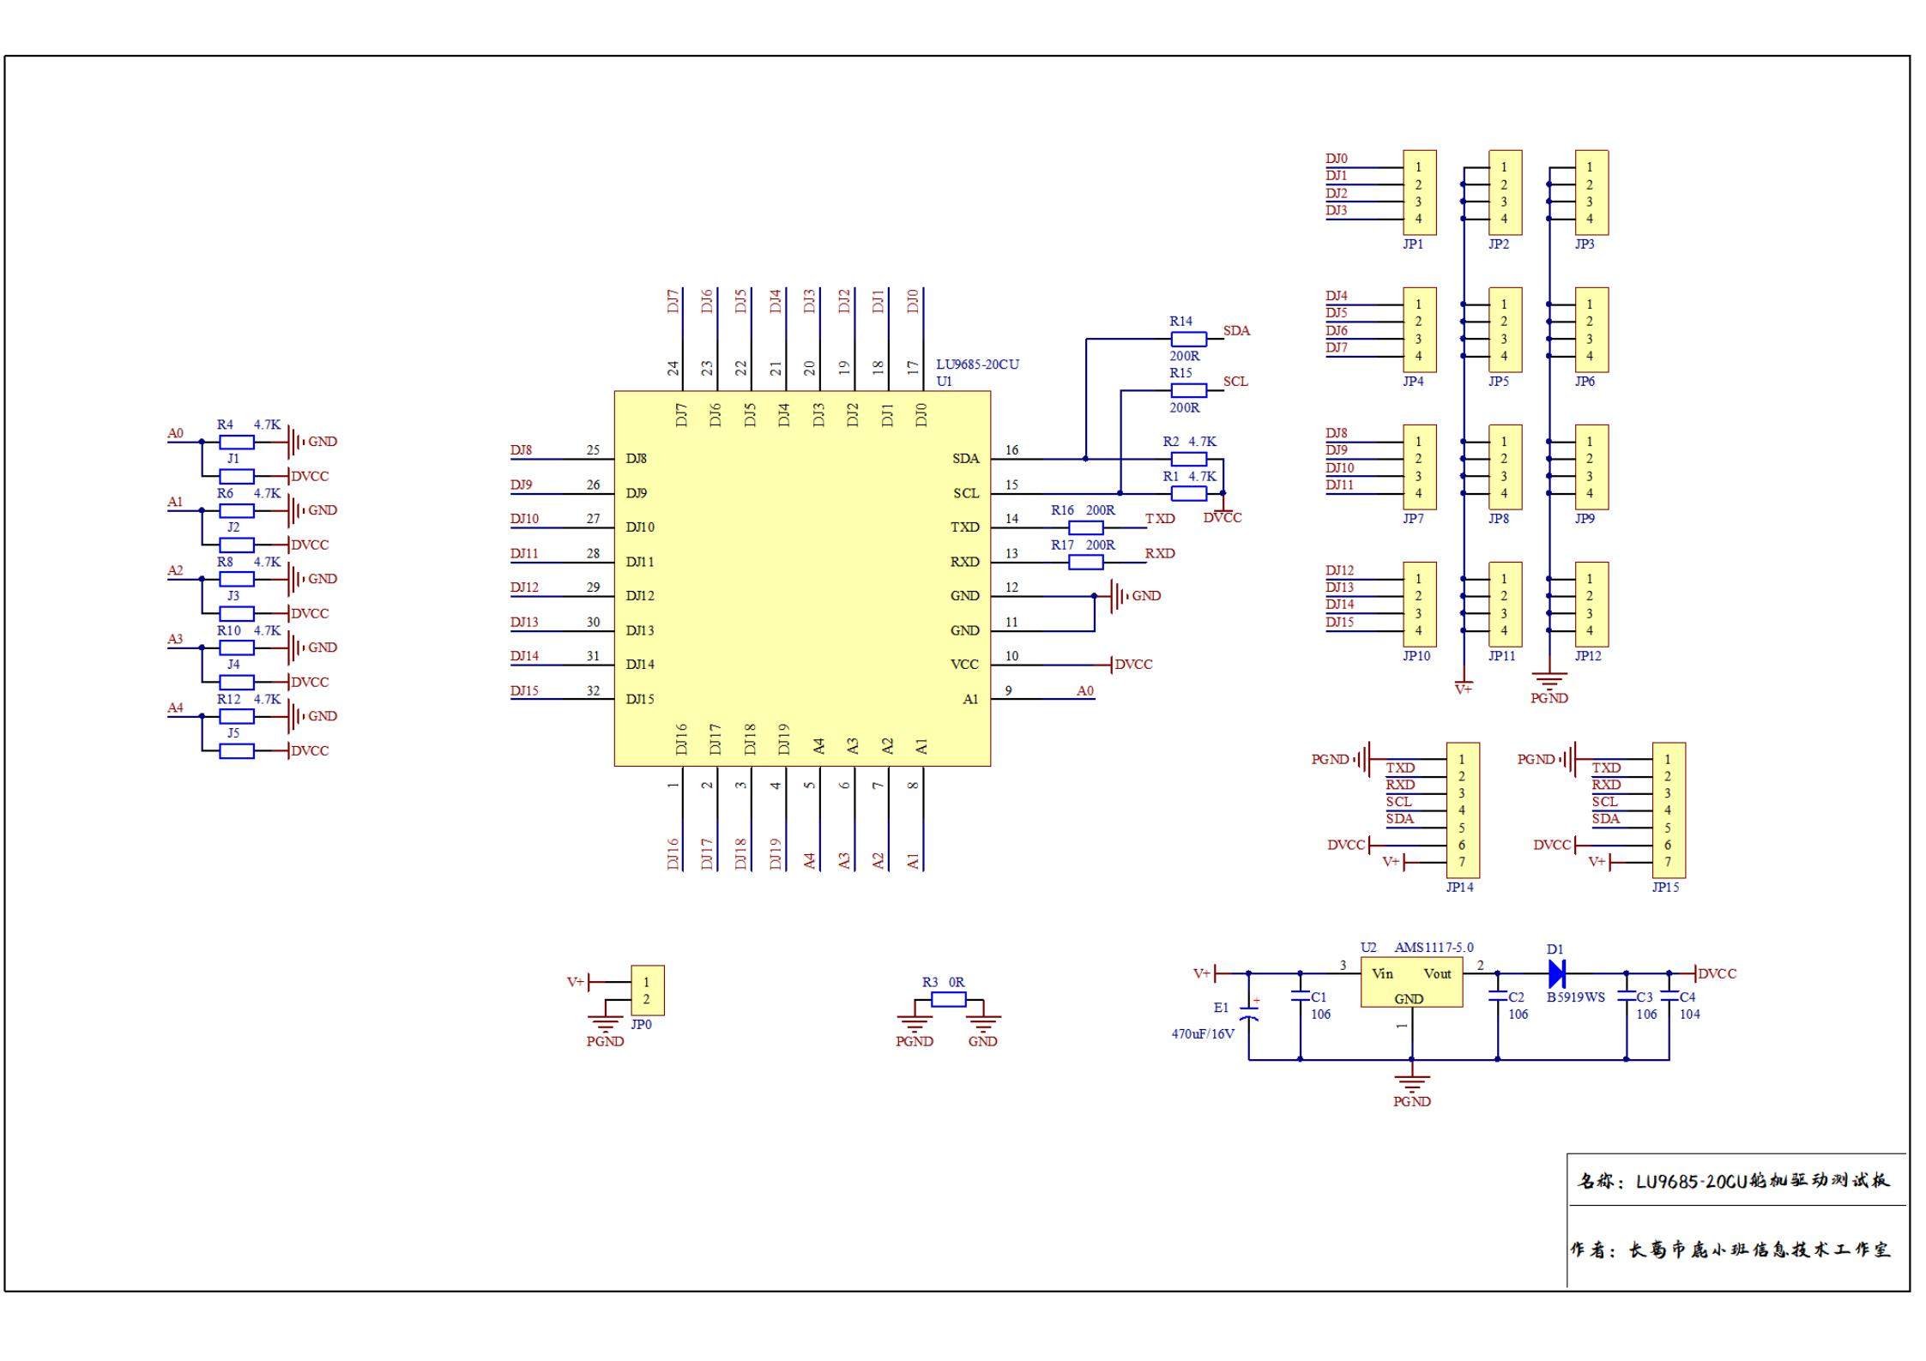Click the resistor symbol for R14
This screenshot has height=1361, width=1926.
tap(1188, 339)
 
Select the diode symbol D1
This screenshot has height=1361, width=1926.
tap(1556, 973)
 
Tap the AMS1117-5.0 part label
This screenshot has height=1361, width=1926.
tap(1434, 948)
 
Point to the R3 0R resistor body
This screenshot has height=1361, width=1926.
tap(948, 999)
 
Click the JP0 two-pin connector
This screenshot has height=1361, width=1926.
tap(647, 991)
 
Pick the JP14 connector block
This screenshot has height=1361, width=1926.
tap(1463, 810)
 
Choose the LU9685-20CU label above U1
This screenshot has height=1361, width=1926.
tap(977, 364)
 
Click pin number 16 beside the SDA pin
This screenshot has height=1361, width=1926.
tap(1012, 450)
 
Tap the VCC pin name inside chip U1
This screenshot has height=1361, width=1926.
tap(964, 665)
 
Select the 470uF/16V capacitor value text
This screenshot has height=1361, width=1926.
tap(1203, 1034)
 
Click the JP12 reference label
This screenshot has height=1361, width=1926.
tap(1587, 656)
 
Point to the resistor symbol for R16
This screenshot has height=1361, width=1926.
tap(1085, 527)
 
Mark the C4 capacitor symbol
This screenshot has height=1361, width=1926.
tap(1669, 997)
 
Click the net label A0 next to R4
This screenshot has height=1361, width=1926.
tap(175, 433)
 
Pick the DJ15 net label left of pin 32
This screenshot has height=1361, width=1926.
tap(524, 691)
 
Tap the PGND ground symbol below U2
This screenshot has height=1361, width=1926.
tap(1411, 1084)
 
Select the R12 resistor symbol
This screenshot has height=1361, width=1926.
tap(236, 716)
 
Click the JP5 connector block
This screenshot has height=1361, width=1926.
tap(1506, 330)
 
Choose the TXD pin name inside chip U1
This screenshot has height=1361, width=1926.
tap(964, 527)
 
